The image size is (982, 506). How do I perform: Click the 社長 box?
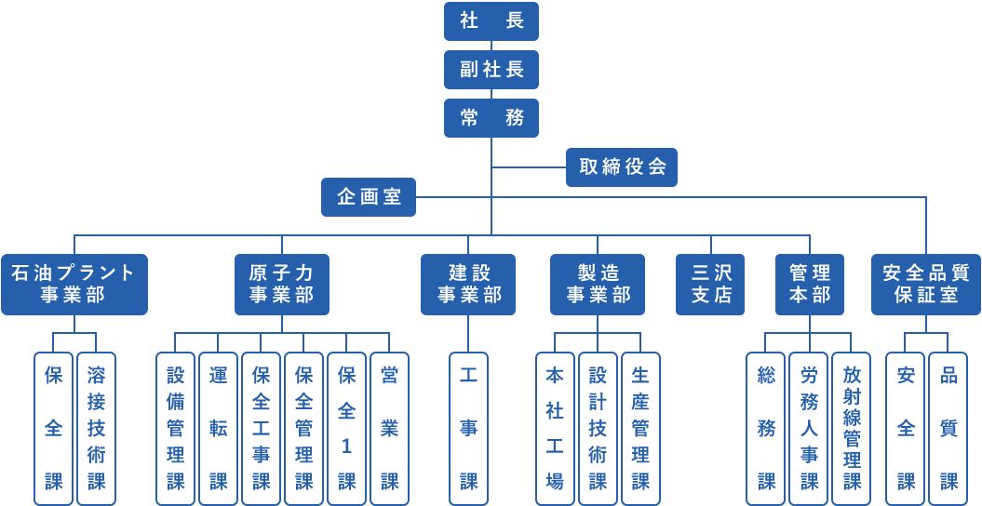coord(491,20)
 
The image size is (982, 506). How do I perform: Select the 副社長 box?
coord(491,69)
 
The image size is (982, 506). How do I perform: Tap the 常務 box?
coord(491,117)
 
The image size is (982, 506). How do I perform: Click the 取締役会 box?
coord(622,167)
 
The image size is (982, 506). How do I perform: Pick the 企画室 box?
coord(369,197)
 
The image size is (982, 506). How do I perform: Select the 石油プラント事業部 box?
coord(74,284)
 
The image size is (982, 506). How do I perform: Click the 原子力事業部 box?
coord(282,284)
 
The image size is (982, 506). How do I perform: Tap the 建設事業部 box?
coord(469,284)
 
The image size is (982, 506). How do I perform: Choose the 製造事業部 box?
coord(598,284)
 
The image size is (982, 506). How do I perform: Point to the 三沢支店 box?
coord(711,284)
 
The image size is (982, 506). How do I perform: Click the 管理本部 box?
coord(810,284)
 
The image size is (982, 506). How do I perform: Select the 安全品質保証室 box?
coord(926,284)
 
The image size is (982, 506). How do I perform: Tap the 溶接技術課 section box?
coord(97,428)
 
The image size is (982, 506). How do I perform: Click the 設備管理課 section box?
coord(176,428)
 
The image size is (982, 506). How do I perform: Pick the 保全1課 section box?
coord(347,428)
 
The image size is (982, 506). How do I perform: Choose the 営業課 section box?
coord(390,428)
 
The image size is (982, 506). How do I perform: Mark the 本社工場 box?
coord(555,428)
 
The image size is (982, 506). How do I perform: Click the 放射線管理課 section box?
coord(852,428)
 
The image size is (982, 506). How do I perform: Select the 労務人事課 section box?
coord(809,428)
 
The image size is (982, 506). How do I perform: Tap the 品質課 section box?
coord(948,428)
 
